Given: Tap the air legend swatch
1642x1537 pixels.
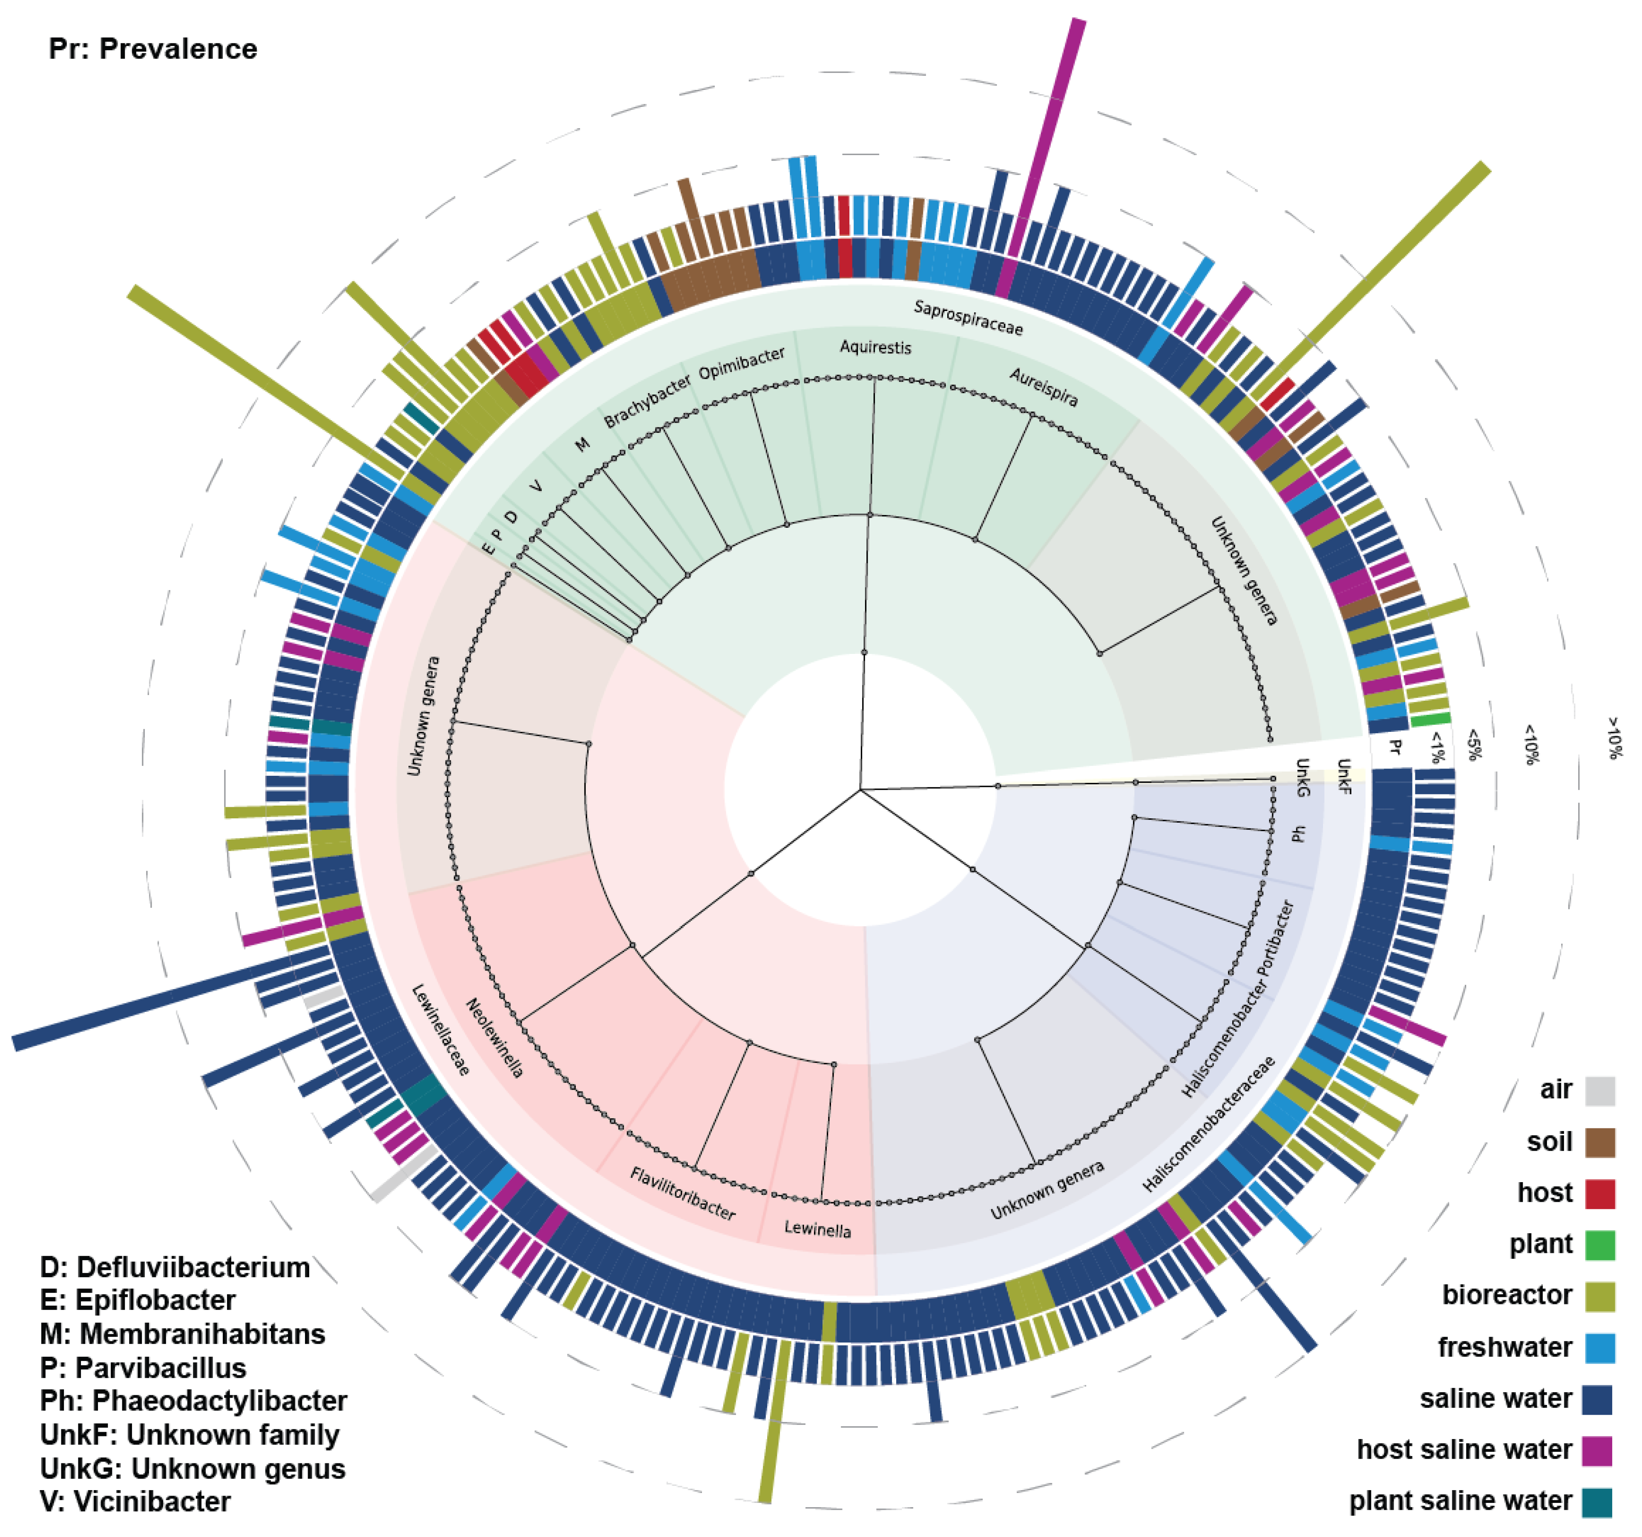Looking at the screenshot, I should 1599,1091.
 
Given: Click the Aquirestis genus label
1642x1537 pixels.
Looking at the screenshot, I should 875,347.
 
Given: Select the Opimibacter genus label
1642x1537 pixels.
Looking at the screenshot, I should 742,363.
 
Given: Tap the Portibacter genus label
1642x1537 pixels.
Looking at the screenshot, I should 1276,937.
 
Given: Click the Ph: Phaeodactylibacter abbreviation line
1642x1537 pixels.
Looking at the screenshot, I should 193,1401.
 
